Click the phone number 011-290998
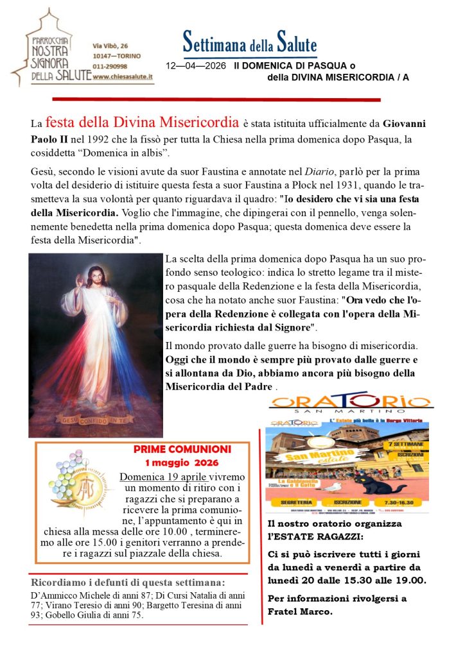tap(110, 66)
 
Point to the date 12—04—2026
tap(196, 66)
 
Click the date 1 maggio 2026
tap(182, 462)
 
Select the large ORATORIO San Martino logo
tap(350, 403)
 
